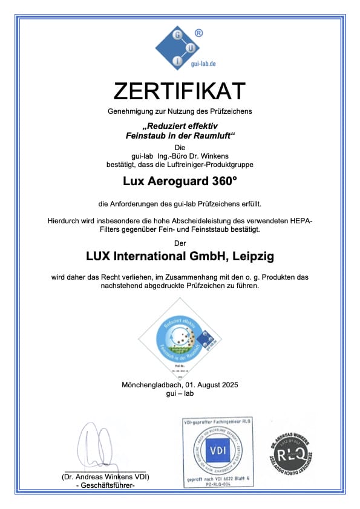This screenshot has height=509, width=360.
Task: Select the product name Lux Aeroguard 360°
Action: click(x=179, y=180)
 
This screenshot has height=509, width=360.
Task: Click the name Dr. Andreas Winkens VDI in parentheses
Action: click(x=105, y=477)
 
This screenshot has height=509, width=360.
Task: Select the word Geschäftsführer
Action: click(x=106, y=485)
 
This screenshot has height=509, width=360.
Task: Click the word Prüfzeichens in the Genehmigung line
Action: click(x=229, y=111)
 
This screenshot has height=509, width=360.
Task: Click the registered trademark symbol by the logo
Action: click(x=198, y=33)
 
